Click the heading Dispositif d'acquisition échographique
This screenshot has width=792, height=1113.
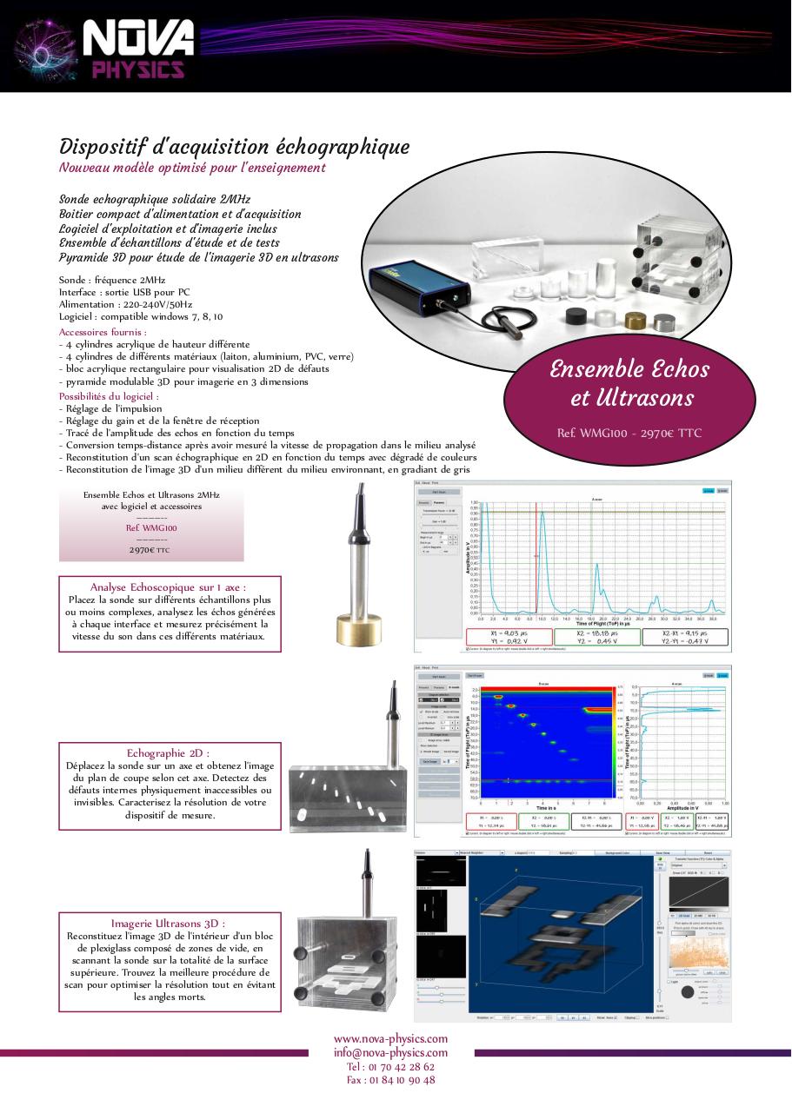[234, 147]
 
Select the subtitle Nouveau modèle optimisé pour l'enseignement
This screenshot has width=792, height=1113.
[192, 168]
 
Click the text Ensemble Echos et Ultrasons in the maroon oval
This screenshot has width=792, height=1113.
[629, 383]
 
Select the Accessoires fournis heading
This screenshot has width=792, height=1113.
[103, 332]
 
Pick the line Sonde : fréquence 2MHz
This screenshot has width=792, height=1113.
[113, 281]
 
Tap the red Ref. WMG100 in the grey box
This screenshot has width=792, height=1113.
[151, 527]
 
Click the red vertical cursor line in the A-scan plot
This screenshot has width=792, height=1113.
[536, 556]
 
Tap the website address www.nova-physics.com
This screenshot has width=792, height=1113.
[390, 1038]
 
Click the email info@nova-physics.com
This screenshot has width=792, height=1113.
[390, 1052]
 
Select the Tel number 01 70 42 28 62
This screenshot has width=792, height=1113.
[390, 1066]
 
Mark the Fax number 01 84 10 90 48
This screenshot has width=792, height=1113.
[390, 1080]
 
